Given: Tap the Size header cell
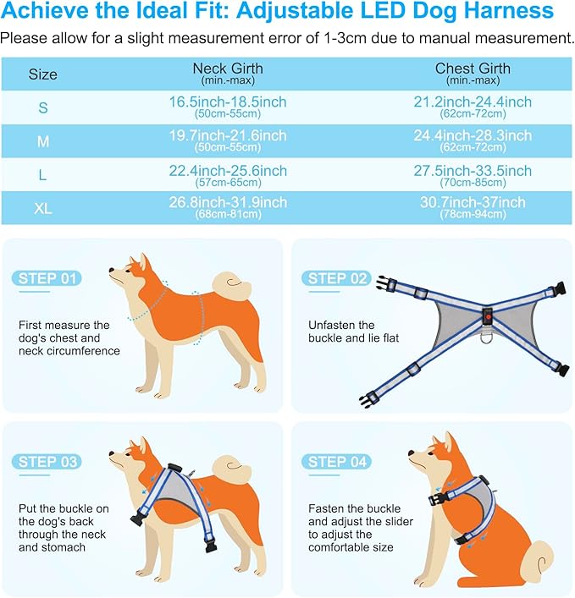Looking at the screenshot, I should click(x=42, y=74).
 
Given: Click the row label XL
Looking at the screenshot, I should click(x=42, y=208).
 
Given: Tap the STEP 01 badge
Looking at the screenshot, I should click(x=47, y=278).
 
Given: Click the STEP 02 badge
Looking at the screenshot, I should click(x=338, y=278).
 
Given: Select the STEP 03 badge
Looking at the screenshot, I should click(x=47, y=461).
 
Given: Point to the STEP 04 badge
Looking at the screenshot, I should click(x=338, y=461).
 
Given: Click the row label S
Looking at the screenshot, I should click(x=42, y=107).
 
